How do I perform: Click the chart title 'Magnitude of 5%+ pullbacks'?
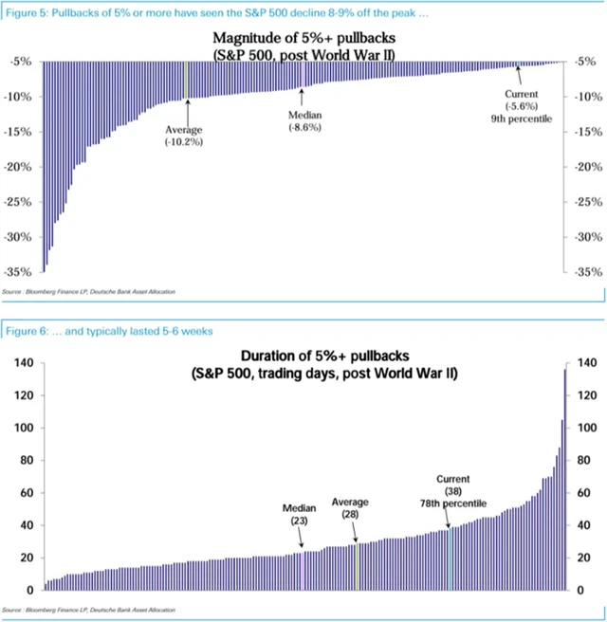pos(303,39)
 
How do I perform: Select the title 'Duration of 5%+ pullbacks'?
pos(303,357)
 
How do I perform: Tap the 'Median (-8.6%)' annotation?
pos(304,120)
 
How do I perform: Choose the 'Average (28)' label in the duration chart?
pos(350,507)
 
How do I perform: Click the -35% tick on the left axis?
pos(21,272)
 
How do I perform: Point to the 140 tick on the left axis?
pos(24,363)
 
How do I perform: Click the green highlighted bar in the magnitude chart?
pos(186,80)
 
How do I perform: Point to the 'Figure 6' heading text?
pos(109,331)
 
